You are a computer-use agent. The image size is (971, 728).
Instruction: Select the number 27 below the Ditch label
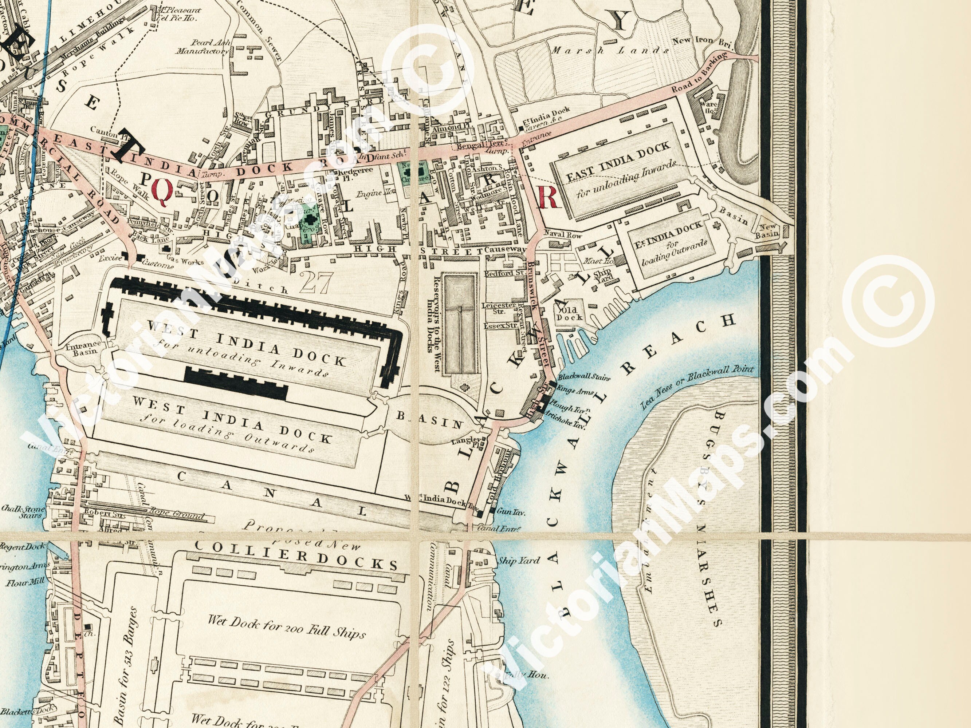[x=316, y=284]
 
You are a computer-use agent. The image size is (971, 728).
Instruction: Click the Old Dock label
[x=570, y=313]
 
